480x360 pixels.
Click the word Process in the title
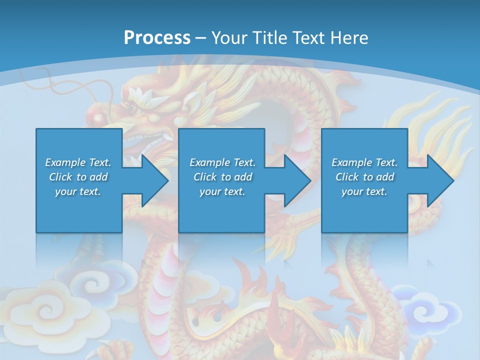click(157, 37)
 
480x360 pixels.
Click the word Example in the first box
click(65, 162)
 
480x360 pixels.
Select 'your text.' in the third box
click(364, 191)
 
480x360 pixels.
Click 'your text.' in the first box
click(78, 191)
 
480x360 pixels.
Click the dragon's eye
click(132, 107)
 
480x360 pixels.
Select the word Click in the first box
click(60, 177)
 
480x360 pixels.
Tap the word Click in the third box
click(346, 177)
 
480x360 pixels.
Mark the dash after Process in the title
click(201, 38)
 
